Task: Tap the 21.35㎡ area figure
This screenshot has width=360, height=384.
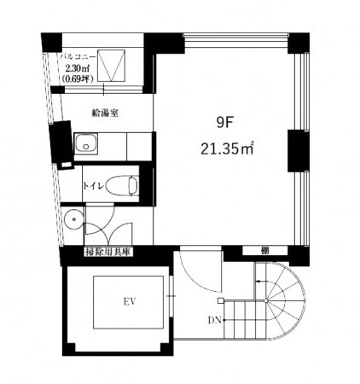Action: tap(227, 148)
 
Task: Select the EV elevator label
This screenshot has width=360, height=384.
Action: tap(130, 301)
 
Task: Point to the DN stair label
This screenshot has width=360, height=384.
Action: tap(215, 321)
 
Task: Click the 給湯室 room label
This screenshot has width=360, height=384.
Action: tap(105, 113)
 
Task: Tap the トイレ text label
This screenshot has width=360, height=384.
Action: tap(94, 185)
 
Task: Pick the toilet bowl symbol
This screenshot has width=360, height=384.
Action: tap(122, 185)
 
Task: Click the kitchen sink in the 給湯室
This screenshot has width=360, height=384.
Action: tap(86, 143)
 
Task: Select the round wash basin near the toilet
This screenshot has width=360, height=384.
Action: tap(73, 219)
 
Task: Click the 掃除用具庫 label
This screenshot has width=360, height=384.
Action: tap(107, 252)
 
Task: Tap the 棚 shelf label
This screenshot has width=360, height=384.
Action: tap(264, 251)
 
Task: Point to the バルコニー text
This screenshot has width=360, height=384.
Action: tap(78, 56)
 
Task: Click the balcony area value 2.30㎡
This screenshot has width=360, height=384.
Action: tap(78, 68)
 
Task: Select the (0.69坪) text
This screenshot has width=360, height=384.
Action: tap(78, 79)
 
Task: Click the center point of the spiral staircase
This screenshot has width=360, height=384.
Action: tap(265, 300)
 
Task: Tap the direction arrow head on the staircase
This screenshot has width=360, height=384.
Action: tap(258, 282)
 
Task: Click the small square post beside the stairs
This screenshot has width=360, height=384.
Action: tap(221, 300)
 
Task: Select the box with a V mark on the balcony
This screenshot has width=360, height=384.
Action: tap(111, 66)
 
